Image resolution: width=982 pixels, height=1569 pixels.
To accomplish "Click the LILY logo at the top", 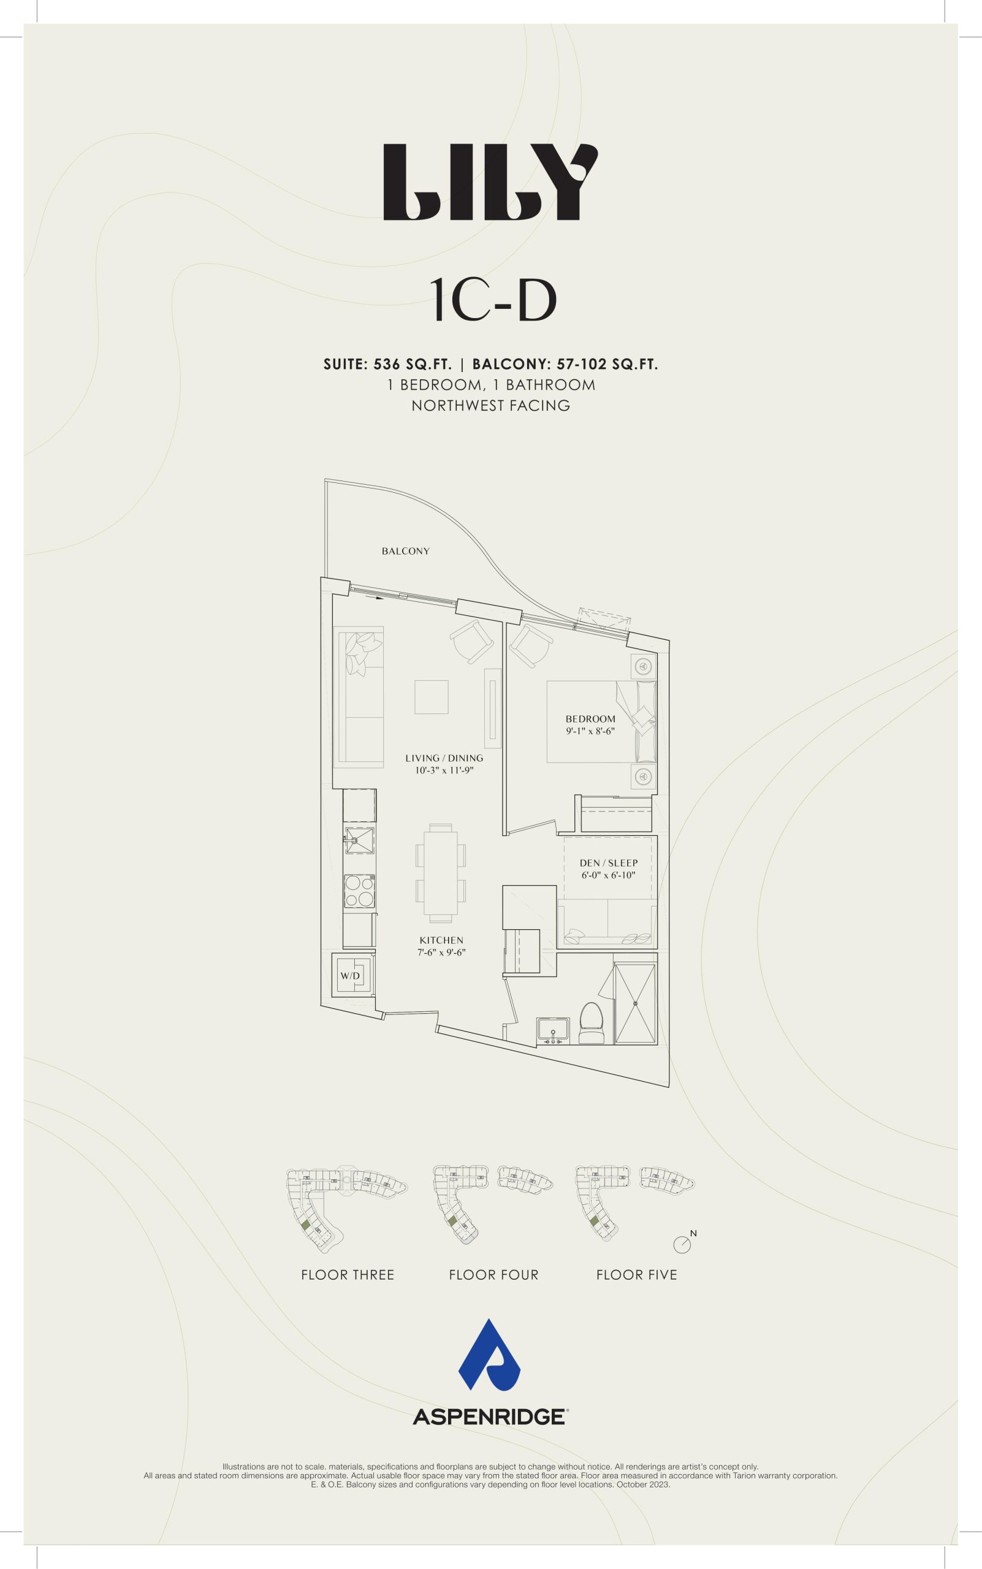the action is [490, 182].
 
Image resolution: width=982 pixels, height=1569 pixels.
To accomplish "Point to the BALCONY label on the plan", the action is [405, 552].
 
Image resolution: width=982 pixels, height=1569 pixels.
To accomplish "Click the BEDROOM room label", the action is [590, 719].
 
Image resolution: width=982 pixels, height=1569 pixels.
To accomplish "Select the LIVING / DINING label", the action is [444, 758].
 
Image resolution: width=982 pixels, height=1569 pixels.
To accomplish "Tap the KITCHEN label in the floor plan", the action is [441, 940].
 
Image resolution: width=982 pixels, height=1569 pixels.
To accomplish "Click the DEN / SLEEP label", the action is [609, 863].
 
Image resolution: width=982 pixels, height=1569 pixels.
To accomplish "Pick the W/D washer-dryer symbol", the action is [351, 976].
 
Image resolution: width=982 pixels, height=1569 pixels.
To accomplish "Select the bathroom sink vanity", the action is [553, 1031].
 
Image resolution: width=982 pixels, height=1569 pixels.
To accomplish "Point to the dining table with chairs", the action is [441, 873].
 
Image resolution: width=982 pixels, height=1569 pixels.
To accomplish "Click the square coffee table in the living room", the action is [432, 697].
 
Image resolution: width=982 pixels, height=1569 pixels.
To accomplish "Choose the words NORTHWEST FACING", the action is [491, 406].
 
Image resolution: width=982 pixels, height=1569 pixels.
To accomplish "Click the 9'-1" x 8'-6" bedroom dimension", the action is [590, 731].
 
